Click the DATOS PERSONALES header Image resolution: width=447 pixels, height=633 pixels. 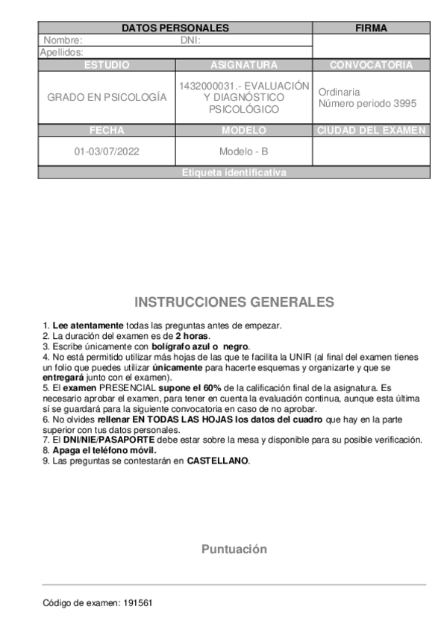(175, 28)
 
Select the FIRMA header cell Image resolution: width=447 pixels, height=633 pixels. (371, 28)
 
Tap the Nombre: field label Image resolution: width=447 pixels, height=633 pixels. (63, 41)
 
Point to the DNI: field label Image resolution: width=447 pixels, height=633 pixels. (191, 41)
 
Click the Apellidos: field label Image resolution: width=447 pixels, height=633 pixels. (61, 53)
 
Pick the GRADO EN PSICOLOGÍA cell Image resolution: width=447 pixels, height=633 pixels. (107, 98)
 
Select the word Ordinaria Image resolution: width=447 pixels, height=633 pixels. (339, 92)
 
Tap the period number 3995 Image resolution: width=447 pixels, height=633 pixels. (404, 104)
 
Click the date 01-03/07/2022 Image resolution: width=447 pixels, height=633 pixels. (106, 152)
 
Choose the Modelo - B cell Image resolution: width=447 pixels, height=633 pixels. (243, 152)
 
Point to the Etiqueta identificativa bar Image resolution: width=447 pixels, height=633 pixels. (234, 173)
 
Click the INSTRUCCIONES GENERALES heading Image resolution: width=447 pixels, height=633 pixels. (234, 302)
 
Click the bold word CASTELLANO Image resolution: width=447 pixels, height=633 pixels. (218, 461)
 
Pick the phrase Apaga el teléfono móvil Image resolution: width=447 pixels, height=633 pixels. (104, 451)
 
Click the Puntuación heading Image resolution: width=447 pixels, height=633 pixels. (234, 549)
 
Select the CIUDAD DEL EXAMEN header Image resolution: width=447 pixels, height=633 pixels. (371, 131)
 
